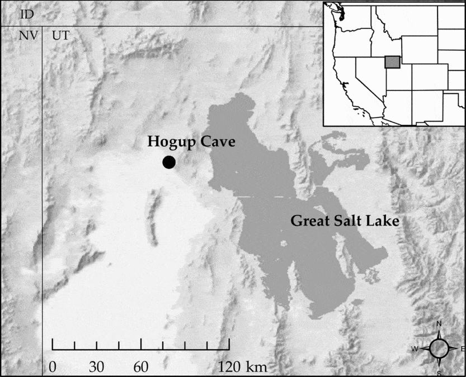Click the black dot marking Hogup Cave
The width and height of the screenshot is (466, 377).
pos(169,163)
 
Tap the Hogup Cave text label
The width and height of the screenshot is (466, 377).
pos(191,142)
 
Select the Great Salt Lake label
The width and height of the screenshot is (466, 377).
pos(345,221)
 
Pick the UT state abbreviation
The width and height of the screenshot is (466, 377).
pos(60,36)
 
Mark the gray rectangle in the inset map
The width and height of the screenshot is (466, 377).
pos(393,62)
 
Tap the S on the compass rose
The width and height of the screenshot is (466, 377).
pos(439,373)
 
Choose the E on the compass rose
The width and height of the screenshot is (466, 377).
pos(463,349)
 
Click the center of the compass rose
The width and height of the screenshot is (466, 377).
pos(439,349)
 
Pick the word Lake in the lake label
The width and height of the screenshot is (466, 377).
pos(384,221)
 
